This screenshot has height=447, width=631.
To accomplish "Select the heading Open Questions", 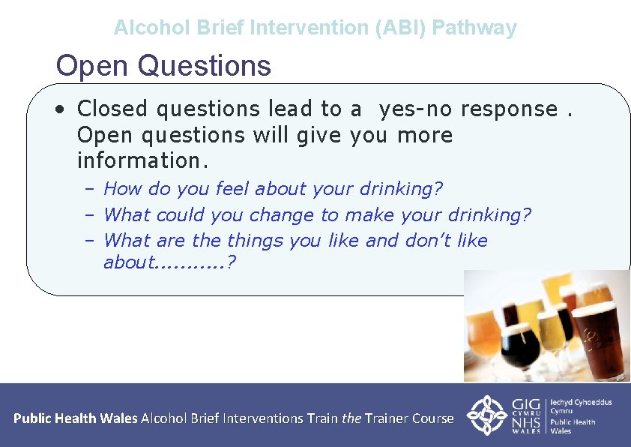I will (163, 66).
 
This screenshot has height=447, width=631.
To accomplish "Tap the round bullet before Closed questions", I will (59, 109).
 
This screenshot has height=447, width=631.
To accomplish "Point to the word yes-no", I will (416, 109).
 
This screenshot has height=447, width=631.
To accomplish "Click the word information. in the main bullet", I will (142, 160).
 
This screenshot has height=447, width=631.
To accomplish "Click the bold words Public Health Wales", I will (75, 418).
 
